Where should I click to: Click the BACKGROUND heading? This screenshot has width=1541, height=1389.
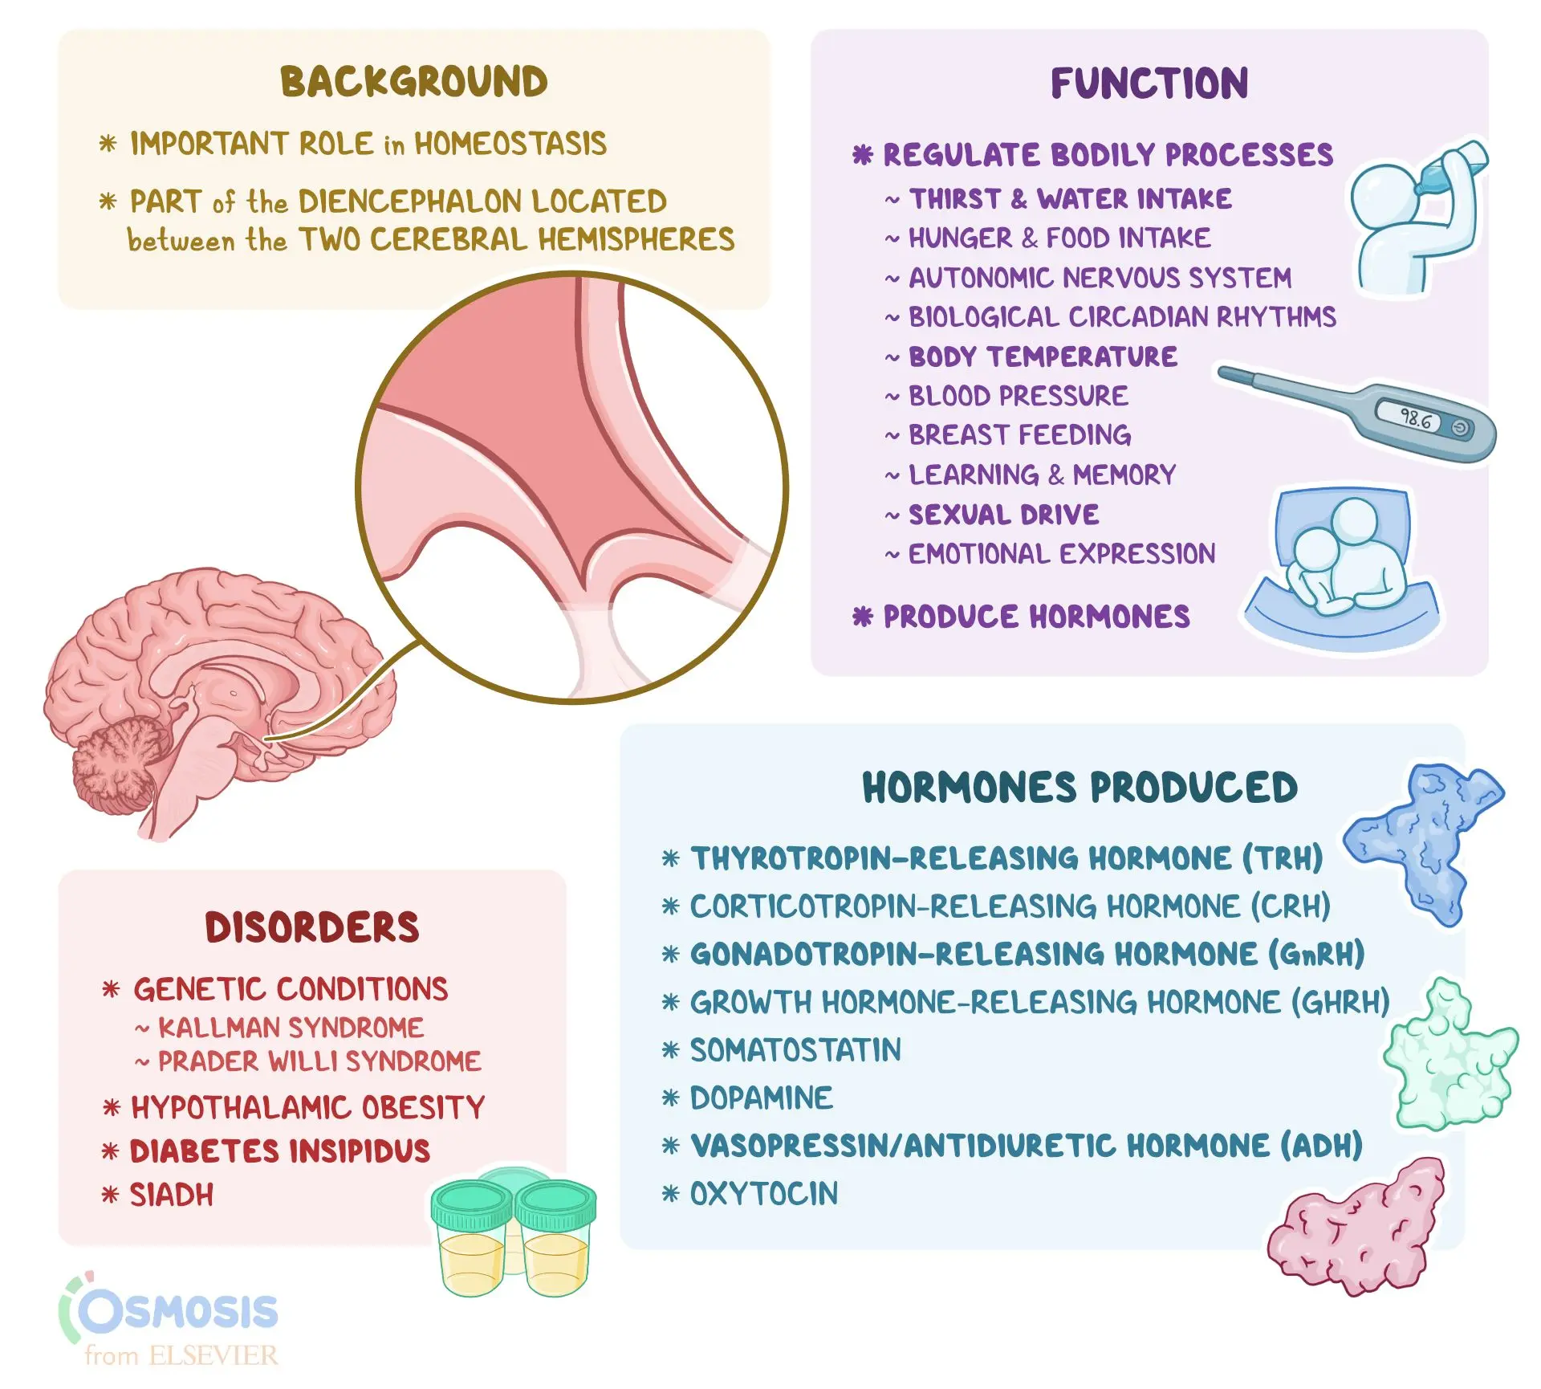point(414,82)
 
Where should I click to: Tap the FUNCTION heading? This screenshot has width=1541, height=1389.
point(1149,84)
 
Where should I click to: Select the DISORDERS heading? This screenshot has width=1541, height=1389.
point(312,927)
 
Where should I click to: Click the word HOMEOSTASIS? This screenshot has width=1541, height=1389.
point(510,144)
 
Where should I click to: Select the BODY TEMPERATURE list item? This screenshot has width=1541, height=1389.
point(1043,356)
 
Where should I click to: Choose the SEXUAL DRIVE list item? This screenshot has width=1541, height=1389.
point(1003,515)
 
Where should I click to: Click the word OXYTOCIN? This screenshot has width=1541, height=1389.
point(763,1194)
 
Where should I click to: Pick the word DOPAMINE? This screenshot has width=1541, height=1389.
point(761,1098)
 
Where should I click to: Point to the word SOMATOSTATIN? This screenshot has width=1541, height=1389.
point(795,1050)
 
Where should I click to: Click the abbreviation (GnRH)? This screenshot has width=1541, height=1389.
point(1316,954)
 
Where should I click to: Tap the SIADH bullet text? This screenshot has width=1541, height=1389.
point(172,1196)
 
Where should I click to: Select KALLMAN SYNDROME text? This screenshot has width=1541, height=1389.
point(291,1028)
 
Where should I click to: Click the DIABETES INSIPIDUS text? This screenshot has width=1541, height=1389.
point(280,1151)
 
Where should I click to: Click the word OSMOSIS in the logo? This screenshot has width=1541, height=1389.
point(178,1311)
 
